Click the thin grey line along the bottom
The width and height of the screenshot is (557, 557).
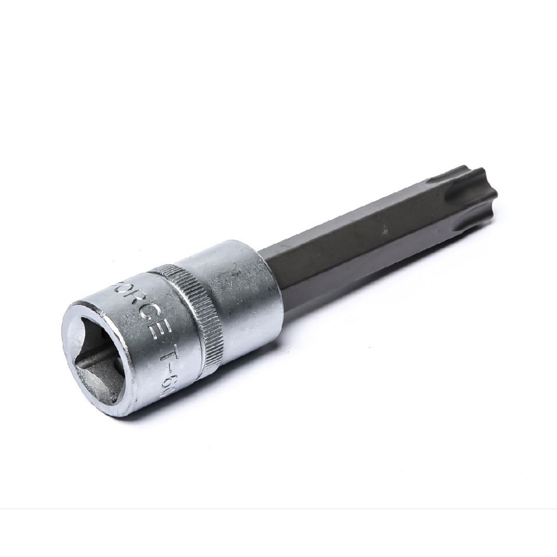pyautogui.click(x=278, y=509)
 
